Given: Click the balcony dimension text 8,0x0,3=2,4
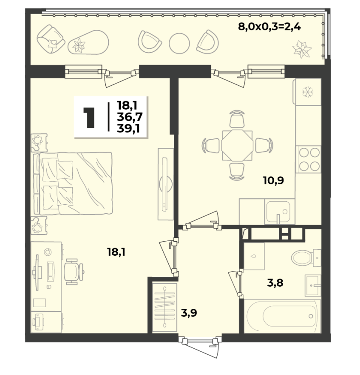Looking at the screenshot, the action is (269, 27).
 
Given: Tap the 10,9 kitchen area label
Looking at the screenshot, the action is (273, 180).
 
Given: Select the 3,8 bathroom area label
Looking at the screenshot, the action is (275, 283).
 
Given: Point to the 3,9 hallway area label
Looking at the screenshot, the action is (189, 313).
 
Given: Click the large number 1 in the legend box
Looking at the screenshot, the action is (89, 118).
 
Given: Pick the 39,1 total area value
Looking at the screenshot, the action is (128, 129).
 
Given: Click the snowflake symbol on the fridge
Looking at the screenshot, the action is (308, 92).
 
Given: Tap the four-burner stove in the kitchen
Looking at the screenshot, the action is (309, 159).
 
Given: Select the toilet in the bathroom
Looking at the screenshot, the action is (306, 258).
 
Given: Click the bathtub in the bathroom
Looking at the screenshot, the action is (283, 316).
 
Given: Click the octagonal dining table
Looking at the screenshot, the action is (237, 145).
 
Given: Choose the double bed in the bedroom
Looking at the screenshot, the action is (73, 183).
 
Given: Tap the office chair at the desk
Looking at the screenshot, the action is (74, 272).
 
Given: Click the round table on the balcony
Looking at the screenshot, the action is (179, 43).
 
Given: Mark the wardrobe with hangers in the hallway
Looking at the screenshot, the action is (164, 307).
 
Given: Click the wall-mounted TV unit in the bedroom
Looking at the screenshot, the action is (166, 184).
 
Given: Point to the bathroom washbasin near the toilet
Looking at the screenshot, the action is (313, 285).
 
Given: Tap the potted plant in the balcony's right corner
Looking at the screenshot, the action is (302, 49).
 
